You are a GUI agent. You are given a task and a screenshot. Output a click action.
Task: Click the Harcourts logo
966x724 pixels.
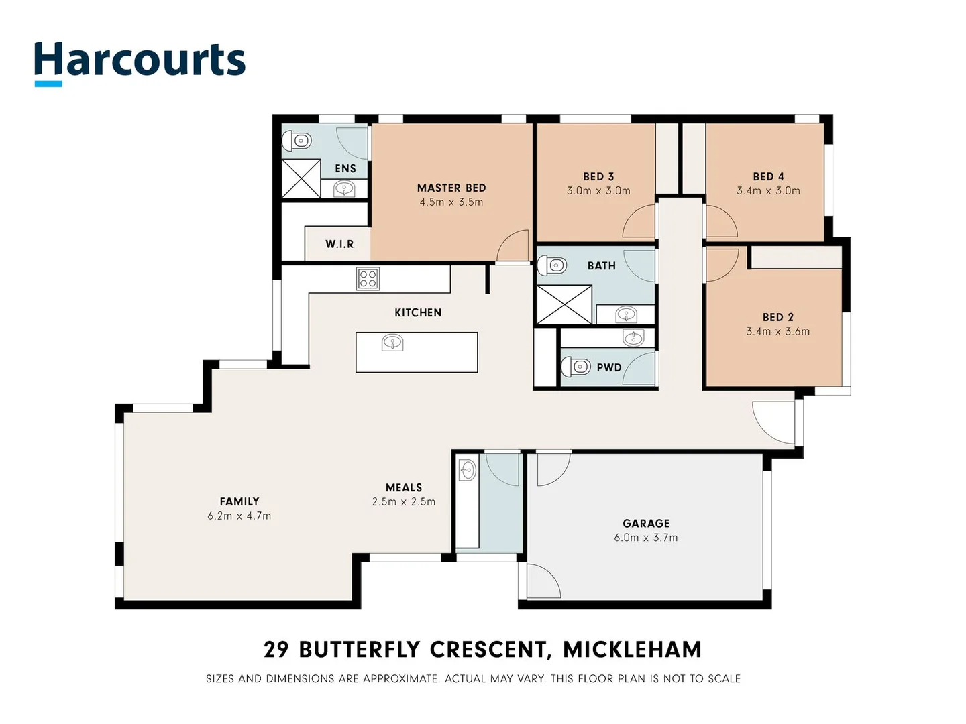click(140, 62)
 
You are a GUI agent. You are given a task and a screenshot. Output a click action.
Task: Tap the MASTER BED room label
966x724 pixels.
click(451, 188)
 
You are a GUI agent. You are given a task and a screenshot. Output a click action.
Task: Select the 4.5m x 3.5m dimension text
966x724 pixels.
click(451, 202)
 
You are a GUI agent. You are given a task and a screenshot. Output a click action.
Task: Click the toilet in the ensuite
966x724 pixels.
click(297, 141)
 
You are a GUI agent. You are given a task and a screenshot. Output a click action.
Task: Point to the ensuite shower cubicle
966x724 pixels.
click(301, 179)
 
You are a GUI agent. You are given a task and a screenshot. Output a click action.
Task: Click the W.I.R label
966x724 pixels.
click(339, 244)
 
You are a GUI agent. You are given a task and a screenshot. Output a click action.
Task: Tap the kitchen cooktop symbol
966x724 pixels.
click(368, 278)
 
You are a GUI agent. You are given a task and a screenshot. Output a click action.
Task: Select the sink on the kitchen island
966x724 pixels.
click(392, 344)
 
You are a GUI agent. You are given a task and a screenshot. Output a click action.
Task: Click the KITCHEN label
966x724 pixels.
click(418, 312)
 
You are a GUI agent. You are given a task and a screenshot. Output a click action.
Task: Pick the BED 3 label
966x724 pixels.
click(598, 176)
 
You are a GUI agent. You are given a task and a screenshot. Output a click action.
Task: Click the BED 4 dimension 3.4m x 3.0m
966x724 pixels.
click(768, 191)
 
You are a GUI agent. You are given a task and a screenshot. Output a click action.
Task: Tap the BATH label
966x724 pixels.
click(601, 266)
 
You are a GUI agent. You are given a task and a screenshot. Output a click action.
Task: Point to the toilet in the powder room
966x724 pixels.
click(576, 367)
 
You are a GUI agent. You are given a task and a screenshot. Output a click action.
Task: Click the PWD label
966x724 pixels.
click(609, 367)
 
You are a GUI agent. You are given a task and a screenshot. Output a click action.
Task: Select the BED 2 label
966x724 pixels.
click(777, 317)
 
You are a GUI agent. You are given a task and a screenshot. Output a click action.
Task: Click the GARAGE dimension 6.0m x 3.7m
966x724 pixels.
click(645, 538)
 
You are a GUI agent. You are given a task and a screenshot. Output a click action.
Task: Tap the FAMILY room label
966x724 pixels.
click(239, 501)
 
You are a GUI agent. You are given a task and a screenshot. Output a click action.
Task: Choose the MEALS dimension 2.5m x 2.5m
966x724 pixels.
click(404, 502)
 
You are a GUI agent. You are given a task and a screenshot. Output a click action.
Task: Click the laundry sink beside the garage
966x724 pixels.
click(468, 471)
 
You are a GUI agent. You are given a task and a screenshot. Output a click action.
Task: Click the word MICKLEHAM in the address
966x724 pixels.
click(632, 650)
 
